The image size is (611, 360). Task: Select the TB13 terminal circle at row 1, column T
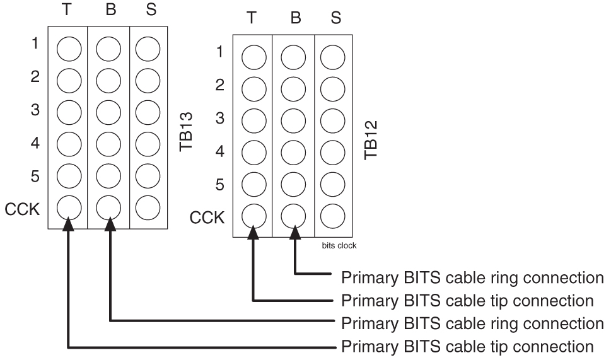point(69,47)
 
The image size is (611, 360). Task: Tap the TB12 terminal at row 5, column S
point(332,185)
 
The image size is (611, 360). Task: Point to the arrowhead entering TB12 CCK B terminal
point(294,235)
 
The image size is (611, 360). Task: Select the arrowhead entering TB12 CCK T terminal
point(253,235)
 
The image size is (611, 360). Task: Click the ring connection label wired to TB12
point(472,277)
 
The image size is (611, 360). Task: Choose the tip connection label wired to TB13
point(467,346)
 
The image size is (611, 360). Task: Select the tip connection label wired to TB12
point(467,300)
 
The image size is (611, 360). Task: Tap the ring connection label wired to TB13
point(472,323)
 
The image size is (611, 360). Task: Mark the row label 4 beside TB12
point(220,151)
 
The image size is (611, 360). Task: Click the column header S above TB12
point(336,18)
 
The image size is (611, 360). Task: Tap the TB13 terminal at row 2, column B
point(108,79)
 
